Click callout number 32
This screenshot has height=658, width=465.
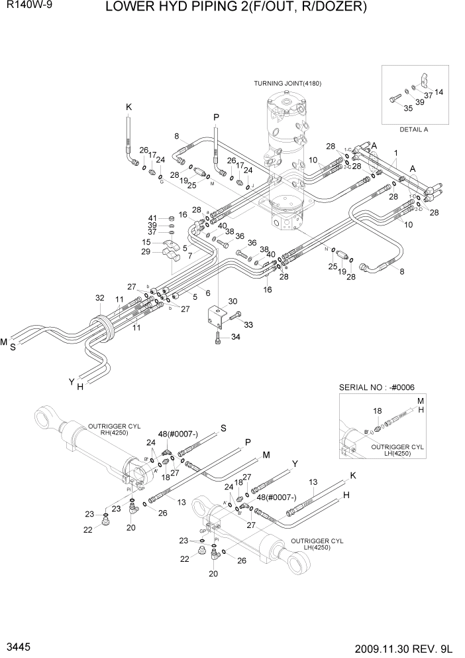100,298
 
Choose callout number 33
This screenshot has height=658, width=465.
249,324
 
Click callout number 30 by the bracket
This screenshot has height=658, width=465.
232,302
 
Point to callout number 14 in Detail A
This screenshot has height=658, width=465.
439,92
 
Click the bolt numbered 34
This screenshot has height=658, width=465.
219,339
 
